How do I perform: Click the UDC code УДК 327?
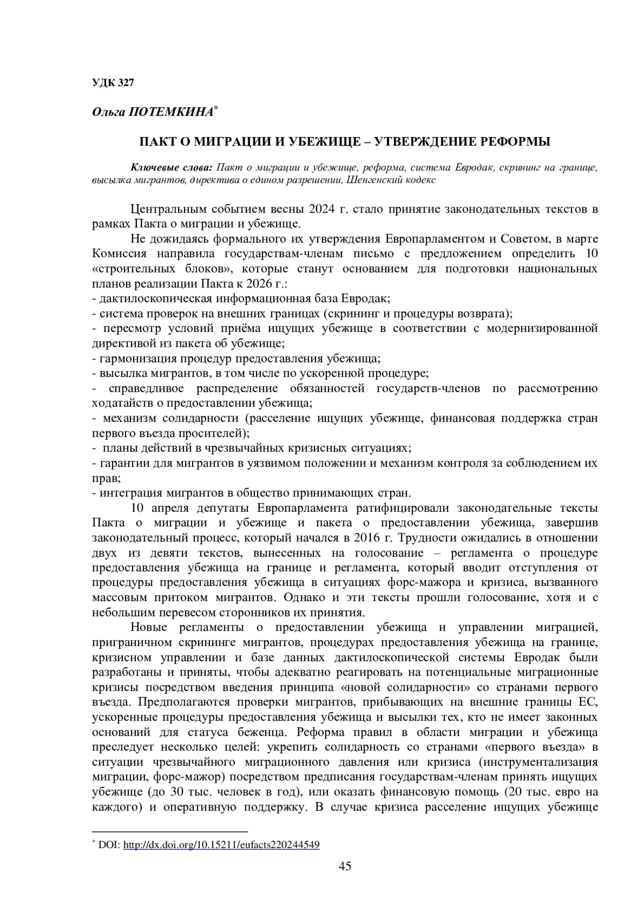pyautogui.click(x=113, y=83)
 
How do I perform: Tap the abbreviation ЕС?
pyautogui.click(x=588, y=701)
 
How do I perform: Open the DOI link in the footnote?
pyautogui.click(x=222, y=844)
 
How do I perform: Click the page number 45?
pyautogui.click(x=345, y=866)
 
